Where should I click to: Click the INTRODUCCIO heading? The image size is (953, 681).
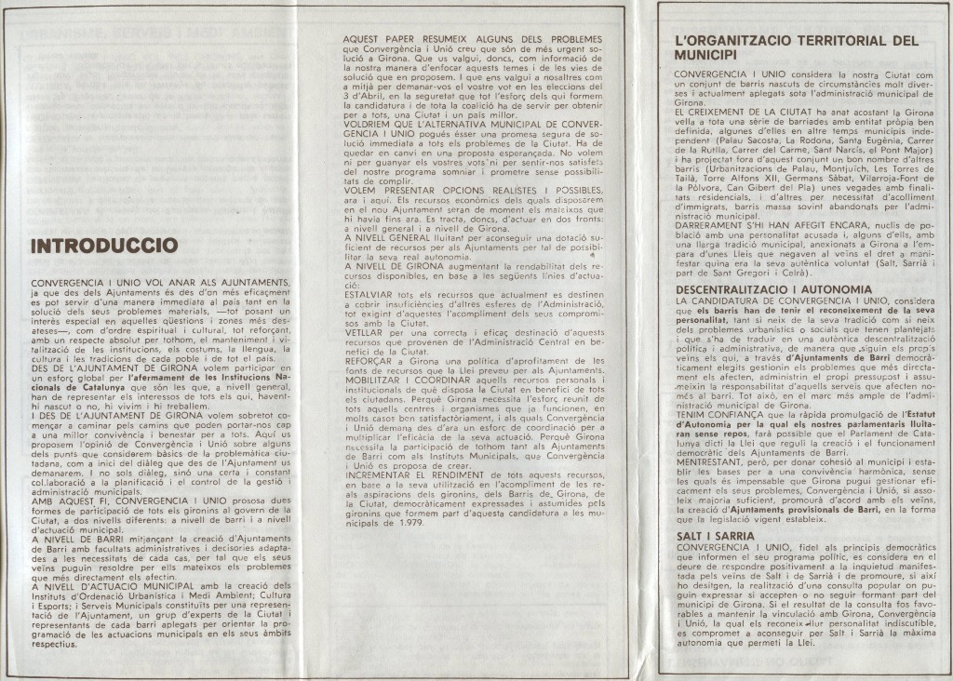(x=104, y=246)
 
